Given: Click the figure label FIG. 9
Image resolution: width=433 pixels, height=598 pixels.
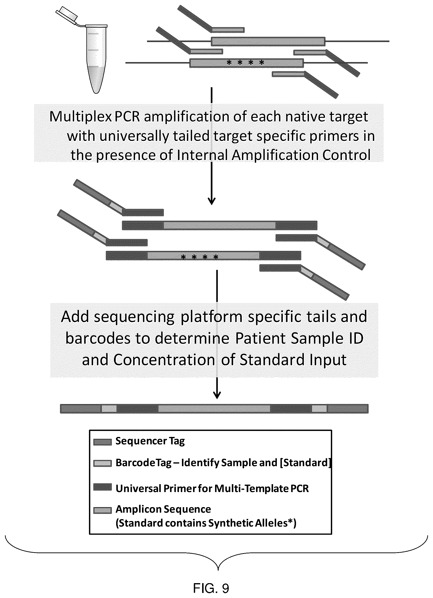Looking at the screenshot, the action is (211, 588).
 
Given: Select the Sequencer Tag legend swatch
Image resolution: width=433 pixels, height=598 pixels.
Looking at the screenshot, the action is (103, 442).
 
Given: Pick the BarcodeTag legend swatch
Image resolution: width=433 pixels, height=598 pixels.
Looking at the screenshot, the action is (103, 464).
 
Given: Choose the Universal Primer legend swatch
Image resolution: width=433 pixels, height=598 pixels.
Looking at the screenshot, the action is (103, 487).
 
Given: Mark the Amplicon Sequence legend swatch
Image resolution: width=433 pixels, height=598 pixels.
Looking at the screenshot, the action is (103, 511).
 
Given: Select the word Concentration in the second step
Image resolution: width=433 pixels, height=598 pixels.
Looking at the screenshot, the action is (164, 360).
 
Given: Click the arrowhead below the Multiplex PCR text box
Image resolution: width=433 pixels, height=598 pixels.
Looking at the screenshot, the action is (212, 201).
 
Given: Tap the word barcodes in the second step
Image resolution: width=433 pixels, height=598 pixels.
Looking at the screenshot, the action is (98, 339).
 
